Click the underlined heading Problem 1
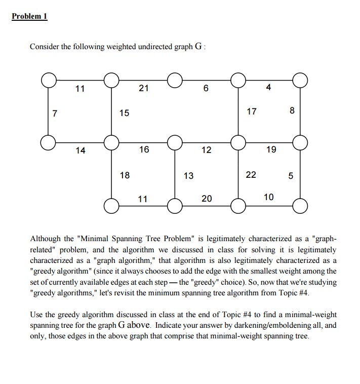coord(29,16)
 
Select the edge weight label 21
coord(144,88)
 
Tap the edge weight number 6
coord(205,88)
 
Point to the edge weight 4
coord(268,88)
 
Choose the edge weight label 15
coord(124,113)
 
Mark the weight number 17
coord(252,111)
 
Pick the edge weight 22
coord(251,175)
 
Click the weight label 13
coord(188,176)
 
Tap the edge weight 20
coord(207,199)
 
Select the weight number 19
coord(271,149)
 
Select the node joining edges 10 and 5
coord(300,206)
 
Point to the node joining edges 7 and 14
coord(49,143)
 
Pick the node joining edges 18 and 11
coord(111,206)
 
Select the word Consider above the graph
coord(46,47)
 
